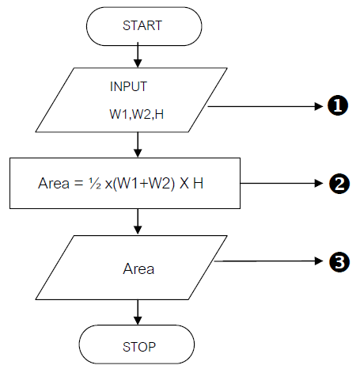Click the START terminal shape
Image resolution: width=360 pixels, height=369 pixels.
click(141, 25)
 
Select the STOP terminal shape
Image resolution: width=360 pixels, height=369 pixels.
click(139, 345)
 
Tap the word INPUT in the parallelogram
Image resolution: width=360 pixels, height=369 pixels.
click(129, 85)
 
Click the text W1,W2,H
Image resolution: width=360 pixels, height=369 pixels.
click(137, 114)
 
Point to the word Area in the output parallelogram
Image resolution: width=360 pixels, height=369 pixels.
click(138, 268)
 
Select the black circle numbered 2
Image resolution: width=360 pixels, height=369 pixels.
click(338, 183)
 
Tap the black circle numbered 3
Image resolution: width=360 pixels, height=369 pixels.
click(338, 261)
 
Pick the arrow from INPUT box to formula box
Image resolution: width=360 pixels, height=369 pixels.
click(139, 143)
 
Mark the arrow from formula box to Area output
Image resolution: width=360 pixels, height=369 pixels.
click(139, 221)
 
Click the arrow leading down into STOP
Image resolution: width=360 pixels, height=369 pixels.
click(139, 310)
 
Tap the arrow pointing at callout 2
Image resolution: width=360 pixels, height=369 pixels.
click(281, 183)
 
